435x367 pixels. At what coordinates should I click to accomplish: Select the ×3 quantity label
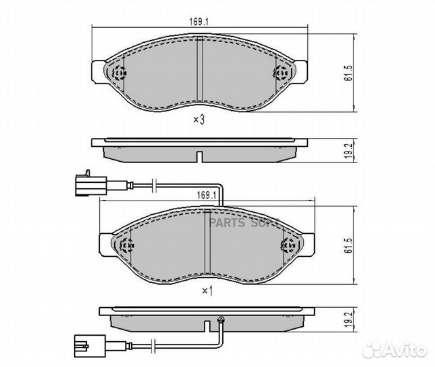tap(198, 120)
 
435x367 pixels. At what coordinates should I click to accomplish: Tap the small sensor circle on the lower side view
tap(220, 319)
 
